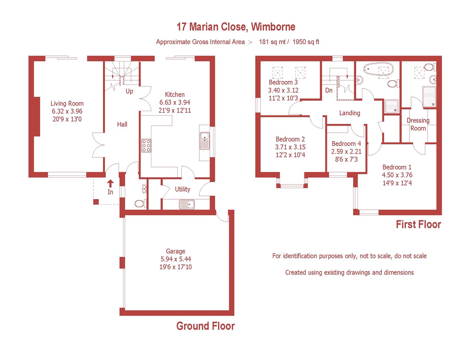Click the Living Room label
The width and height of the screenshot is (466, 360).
pyautogui.click(x=67, y=104)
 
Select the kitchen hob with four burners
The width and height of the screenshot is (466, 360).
pyautogui.click(x=146, y=145)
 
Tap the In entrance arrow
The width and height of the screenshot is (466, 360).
pyautogui.click(x=110, y=184)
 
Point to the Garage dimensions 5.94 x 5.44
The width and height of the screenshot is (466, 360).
pyautogui.click(x=176, y=259)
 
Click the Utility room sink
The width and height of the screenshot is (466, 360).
pyautogui.click(x=187, y=204)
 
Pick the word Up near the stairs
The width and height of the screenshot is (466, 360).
pyautogui.click(x=129, y=92)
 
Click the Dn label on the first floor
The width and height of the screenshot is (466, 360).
pyautogui.click(x=329, y=91)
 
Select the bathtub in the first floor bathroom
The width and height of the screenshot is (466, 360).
pyautogui.click(x=378, y=69)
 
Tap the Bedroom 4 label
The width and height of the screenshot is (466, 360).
pyautogui.click(x=346, y=144)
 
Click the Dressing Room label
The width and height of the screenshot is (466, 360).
pyautogui.click(x=418, y=124)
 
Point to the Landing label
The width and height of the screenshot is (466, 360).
pyautogui.click(x=350, y=113)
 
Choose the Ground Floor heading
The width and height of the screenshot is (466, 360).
pyautogui.click(x=206, y=326)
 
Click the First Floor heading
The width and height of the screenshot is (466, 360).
pyautogui.click(x=418, y=225)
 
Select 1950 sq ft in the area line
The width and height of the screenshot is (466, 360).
pyautogui.click(x=306, y=42)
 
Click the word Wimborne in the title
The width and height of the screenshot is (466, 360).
pyautogui.click(x=273, y=27)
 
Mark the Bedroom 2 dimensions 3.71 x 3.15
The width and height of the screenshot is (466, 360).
pyautogui.click(x=290, y=147)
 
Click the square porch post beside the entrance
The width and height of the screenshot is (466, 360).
pyautogui.click(x=96, y=202)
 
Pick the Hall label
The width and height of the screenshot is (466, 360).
pyautogui.click(x=122, y=124)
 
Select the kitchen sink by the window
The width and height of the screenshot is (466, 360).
pyautogui.click(x=205, y=141)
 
